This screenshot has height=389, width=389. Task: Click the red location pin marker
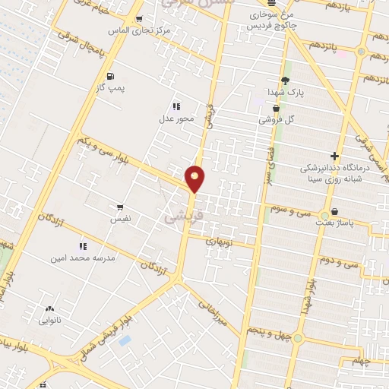click(195, 179)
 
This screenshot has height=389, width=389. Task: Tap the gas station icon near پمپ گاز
click(111, 76)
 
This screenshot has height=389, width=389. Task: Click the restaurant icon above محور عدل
click(176, 106)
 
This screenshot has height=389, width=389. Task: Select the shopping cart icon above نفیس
click(119, 207)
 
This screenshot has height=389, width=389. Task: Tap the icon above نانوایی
click(50, 308)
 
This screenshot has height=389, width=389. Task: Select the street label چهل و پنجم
click(269, 329)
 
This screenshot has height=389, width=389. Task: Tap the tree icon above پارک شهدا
click(286, 81)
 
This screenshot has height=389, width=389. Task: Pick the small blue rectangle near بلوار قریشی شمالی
click(125, 340)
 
